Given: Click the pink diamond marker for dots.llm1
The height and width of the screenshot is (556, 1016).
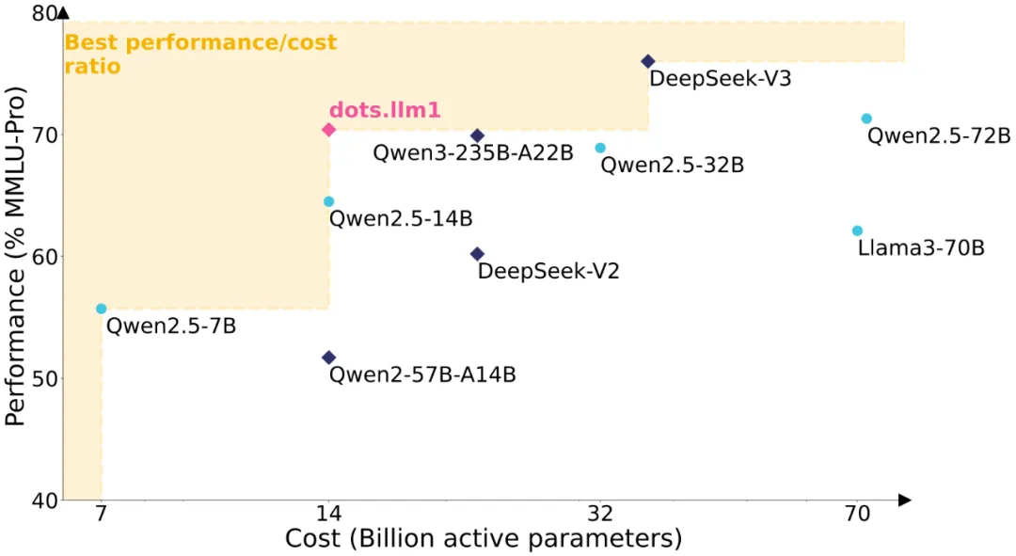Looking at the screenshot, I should (328, 129).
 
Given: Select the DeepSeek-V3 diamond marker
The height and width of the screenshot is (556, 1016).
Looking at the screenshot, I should (647, 61).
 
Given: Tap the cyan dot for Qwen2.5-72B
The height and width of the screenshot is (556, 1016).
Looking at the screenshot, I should (866, 119).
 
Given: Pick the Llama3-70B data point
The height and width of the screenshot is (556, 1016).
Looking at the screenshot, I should (857, 230).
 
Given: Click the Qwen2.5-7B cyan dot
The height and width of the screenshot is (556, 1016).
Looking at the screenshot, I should (102, 309).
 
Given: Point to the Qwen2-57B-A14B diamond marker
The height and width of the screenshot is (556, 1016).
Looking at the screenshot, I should (328, 357).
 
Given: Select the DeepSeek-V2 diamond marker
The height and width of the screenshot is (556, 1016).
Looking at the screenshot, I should (477, 254).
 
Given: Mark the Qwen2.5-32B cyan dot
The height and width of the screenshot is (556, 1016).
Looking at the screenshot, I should (600, 148).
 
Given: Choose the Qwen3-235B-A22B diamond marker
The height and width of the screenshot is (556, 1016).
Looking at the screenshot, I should (477, 135).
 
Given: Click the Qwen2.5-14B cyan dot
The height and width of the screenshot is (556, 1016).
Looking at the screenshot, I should (328, 201).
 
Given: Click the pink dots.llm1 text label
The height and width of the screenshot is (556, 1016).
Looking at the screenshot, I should (384, 109).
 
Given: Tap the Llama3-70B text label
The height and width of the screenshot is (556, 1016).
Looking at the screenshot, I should (921, 248).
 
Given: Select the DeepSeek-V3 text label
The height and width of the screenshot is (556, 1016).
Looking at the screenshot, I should (720, 78).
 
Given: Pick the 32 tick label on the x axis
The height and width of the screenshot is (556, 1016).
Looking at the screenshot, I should (600, 514).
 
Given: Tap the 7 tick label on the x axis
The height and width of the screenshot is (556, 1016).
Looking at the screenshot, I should (102, 514).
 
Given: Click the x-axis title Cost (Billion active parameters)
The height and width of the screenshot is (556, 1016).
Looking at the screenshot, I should (483, 539).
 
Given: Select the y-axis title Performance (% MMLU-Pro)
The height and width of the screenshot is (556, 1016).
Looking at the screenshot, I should (15, 256).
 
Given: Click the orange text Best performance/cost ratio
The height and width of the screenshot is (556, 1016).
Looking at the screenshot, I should (199, 55).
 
